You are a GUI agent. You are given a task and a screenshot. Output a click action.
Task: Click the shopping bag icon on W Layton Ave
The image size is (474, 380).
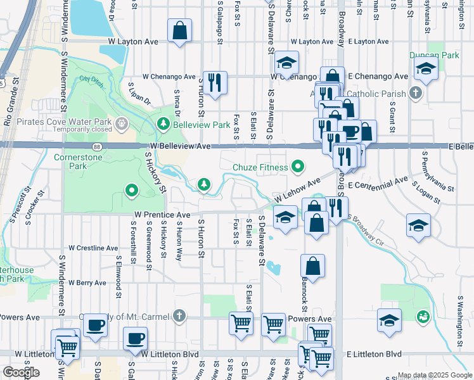coord(180,31)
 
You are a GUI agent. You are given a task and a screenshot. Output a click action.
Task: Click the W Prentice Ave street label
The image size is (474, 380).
coord(162,215)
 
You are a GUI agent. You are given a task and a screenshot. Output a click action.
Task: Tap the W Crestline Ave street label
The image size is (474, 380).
coord(93,248)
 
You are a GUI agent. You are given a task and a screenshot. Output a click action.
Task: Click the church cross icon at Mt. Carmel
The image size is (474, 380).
coord(180,315)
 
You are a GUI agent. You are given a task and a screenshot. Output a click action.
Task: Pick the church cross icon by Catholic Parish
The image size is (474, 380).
coord(415,94)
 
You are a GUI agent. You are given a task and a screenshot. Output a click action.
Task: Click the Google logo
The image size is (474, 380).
coord(22,372)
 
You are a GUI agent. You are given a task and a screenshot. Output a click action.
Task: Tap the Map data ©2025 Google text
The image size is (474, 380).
coord(434,375)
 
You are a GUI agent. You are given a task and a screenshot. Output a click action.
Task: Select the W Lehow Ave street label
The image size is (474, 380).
coord(297,190)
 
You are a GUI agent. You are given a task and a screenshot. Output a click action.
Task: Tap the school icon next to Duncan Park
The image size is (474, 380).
coord(426,68)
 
